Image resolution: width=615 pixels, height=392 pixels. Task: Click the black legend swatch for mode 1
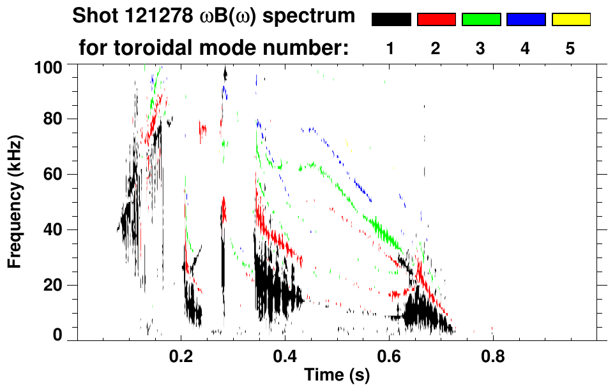tap(391, 20)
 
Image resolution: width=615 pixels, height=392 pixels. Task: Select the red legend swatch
tap(436, 20)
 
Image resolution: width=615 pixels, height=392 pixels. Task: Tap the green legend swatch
tap(481, 20)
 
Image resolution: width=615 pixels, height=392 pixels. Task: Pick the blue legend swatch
tap(526, 20)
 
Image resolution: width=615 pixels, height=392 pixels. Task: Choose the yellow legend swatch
tap(571, 20)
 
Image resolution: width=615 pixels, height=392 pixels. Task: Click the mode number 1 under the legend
tap(391, 49)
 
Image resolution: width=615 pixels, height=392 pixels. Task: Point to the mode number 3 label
tap(481, 49)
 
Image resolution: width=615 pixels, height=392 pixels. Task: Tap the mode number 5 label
tap(570, 49)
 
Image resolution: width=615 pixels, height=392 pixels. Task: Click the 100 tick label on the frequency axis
tap(48, 66)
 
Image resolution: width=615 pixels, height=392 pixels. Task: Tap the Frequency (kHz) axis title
tap(14, 201)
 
